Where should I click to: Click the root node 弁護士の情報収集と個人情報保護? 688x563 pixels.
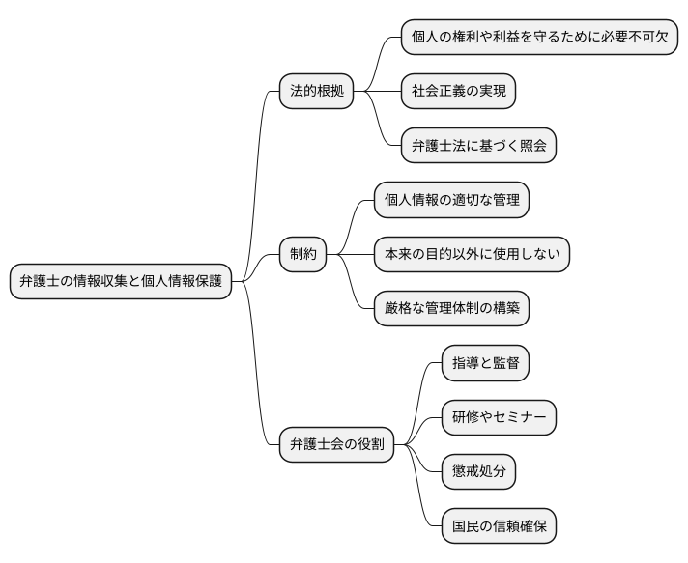[x=121, y=282]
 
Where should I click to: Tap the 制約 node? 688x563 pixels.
[x=302, y=255]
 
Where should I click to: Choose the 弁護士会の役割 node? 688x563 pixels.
[x=336, y=445]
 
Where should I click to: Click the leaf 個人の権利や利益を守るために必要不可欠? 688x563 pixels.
[x=539, y=38]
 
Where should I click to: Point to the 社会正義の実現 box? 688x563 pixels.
[x=458, y=92]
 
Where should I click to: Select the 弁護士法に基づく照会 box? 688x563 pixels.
[x=478, y=147]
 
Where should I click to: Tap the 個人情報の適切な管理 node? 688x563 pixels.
[x=451, y=200]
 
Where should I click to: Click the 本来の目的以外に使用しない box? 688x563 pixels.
[x=472, y=255]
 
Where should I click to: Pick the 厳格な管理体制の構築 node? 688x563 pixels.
[x=451, y=309]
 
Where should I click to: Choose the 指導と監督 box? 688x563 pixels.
[x=485, y=363]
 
